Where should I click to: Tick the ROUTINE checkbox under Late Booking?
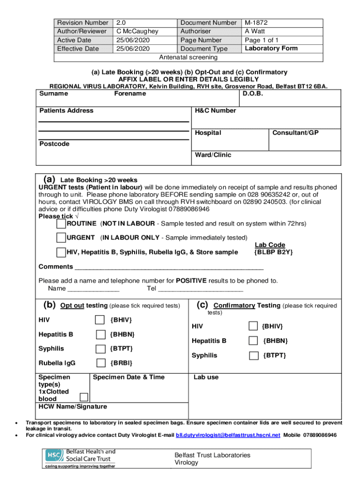[x=61, y=224]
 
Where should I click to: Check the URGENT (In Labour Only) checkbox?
[x=61, y=238]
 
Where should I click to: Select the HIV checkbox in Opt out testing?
[x=100, y=320]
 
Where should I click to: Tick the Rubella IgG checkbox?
[x=100, y=363]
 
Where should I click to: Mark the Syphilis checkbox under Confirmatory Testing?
[x=253, y=356]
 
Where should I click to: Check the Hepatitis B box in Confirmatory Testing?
[x=253, y=341]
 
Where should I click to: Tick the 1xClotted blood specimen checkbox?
[x=84, y=397]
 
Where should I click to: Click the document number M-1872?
[x=256, y=22]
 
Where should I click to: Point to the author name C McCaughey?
[x=137, y=31]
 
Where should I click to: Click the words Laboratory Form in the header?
[x=271, y=48]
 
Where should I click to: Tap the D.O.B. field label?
[x=253, y=94]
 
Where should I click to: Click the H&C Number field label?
[x=216, y=111]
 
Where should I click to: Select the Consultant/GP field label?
[x=295, y=133]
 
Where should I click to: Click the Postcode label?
[x=54, y=144]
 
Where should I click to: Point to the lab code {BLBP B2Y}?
[x=274, y=252]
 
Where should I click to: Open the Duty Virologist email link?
[x=228, y=435]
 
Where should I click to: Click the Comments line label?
[x=56, y=267]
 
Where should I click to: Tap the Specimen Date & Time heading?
[x=129, y=377]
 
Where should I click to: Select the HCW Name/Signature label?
[x=72, y=406]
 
